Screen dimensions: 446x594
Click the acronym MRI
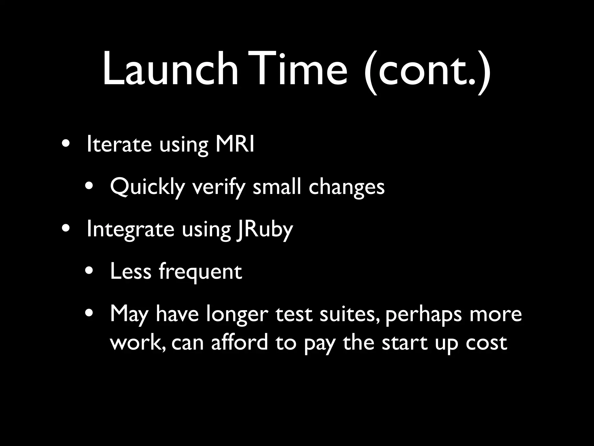tap(235, 144)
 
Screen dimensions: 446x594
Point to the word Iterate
tap(119, 144)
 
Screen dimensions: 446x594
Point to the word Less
tap(131, 271)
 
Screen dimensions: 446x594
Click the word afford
tap(240, 342)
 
